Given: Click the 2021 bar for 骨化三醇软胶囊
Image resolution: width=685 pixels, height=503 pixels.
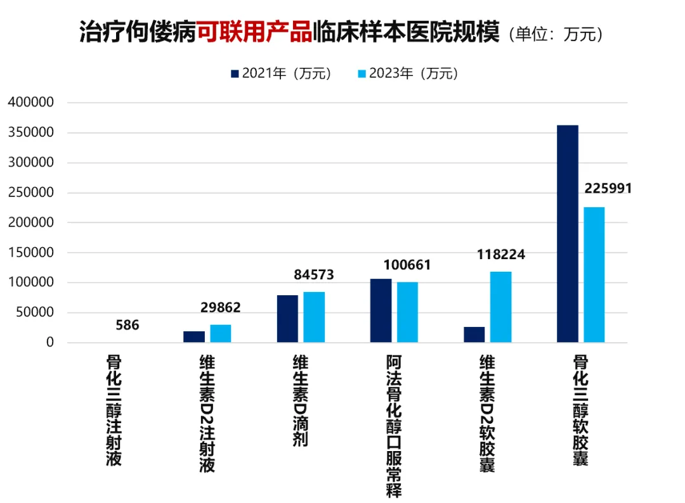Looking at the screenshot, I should [567, 234].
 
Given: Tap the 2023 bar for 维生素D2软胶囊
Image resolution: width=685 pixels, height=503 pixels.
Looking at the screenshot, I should [501, 307].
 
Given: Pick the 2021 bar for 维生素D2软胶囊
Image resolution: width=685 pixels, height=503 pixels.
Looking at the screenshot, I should [474, 334].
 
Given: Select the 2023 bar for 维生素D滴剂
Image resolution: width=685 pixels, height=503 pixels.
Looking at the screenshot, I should [314, 317].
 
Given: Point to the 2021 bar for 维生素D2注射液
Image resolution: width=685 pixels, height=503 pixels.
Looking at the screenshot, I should [193, 336].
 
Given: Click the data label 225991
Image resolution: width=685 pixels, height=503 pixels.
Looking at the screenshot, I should [608, 189].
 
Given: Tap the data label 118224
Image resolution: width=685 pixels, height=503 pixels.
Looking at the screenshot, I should [501, 255].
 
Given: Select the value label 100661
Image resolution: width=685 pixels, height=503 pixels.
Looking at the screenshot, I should [407, 265].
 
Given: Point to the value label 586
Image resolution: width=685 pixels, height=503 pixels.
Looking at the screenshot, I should [127, 326].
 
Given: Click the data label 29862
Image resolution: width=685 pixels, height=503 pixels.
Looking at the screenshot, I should [220, 308].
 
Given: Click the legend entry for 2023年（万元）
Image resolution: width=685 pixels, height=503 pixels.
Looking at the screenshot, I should [408, 73].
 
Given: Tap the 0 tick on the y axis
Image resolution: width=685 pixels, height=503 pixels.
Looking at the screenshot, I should [49, 343].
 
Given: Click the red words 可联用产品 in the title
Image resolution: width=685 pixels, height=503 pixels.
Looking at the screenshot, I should [254, 32].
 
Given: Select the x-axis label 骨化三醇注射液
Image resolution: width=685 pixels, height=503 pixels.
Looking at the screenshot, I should [114, 411].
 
